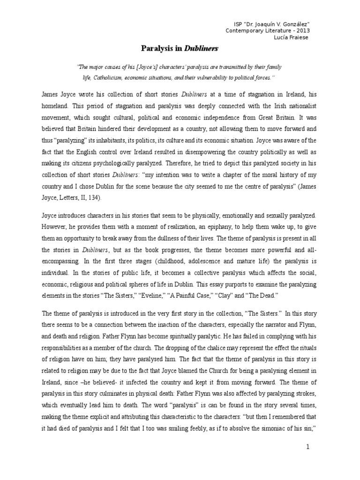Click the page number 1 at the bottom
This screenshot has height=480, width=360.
coord(307,447)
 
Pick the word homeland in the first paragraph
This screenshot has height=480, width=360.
coord(55,105)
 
